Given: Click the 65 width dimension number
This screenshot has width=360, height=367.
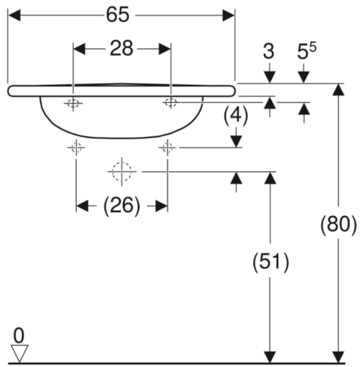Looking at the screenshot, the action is tap(118, 15).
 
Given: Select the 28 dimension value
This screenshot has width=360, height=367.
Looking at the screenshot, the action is tap(122, 49).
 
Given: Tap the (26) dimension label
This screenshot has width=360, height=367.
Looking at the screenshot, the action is tap(122, 206).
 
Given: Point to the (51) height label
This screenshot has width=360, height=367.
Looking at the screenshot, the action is tap(270, 262).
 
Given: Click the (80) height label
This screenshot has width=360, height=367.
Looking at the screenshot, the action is tap(338, 225).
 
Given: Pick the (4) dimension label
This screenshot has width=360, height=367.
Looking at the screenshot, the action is tap(236, 115).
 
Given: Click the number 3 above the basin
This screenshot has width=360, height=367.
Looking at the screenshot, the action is tap(269, 51).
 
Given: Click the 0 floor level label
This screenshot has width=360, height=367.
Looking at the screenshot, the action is tap(19, 336).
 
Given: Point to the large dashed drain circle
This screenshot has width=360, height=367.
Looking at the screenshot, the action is tap(122, 171).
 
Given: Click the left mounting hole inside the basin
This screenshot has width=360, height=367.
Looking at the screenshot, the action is tap(73, 103).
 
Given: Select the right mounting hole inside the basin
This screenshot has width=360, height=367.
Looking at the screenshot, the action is tap(171, 103).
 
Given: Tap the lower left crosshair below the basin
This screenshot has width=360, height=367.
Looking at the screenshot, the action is tap(76, 148).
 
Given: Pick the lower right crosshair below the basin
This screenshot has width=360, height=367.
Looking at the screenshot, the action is tap(167, 148).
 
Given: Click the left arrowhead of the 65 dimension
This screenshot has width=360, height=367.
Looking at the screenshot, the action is tap(14, 15).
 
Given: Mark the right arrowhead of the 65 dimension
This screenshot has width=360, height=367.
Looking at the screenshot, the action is tap(229, 15).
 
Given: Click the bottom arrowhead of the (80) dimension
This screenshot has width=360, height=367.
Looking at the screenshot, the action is tap(339, 357).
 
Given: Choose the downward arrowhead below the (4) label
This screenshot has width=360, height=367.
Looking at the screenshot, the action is tap(236, 141).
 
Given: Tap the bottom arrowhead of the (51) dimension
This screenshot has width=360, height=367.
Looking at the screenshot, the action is tap(270, 357).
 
